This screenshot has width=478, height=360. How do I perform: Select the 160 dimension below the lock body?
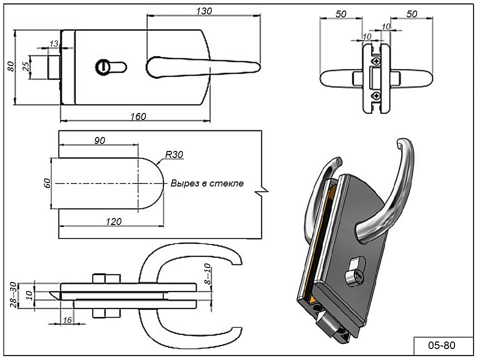(x=138, y=116)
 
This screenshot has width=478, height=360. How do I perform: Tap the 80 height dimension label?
(x=10, y=67)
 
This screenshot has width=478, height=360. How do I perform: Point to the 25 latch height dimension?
(x=25, y=66)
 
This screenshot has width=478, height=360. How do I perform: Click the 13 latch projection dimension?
(x=54, y=44)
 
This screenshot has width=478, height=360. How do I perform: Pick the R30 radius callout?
(x=174, y=155)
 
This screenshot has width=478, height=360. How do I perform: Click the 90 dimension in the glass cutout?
(x=99, y=140)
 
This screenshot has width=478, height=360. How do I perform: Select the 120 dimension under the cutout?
(x=114, y=221)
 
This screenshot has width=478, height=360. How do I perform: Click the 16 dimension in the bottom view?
(x=67, y=320)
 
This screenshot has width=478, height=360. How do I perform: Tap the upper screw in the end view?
(x=376, y=60)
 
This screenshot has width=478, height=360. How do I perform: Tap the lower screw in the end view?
(x=376, y=95)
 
